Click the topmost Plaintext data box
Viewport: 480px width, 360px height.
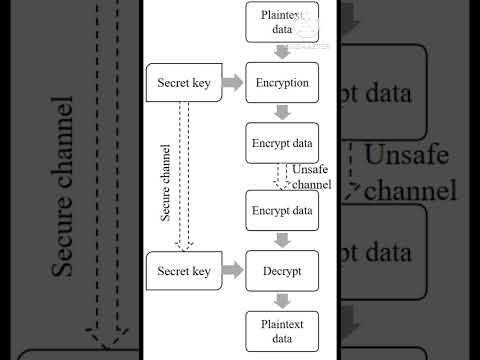[282, 21]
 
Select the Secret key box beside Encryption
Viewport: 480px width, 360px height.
[183, 83]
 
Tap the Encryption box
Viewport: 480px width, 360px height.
[282, 83]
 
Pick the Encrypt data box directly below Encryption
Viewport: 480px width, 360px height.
[282, 142]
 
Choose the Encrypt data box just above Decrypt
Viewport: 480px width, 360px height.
[282, 210]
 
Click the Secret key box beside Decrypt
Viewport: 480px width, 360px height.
[183, 270]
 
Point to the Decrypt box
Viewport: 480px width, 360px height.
[282, 270]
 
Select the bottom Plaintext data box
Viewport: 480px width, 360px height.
[282, 331]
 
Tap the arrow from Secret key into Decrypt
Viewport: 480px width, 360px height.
[232, 270]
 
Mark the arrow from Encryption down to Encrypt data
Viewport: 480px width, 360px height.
[282, 113]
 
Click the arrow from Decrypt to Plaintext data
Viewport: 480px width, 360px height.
[282, 300]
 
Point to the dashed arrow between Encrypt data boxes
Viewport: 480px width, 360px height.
[282, 176]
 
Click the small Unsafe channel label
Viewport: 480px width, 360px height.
[312, 177]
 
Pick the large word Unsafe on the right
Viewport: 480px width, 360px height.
[410, 156]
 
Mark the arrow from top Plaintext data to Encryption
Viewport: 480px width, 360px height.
[282, 52]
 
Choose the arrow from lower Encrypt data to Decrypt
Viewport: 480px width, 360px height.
[282, 240]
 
